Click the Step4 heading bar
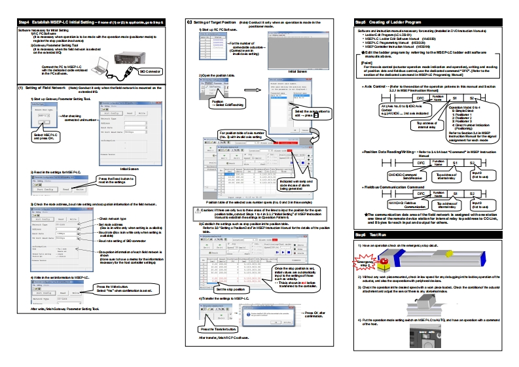pyautogui.click(x=92, y=23)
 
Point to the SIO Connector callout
pyautogui.click(x=150, y=70)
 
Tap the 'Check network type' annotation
pyautogui.click(x=112, y=218)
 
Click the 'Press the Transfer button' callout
pyautogui.click(x=218, y=328)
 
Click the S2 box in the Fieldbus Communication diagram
pyautogui.click(x=472, y=194)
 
